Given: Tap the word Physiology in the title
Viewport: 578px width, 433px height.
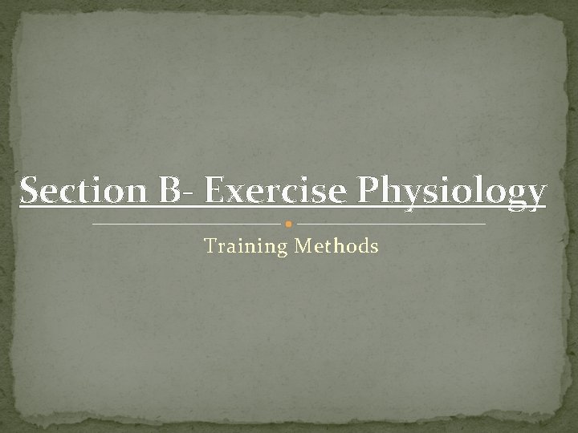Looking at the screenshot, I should pos(447,192).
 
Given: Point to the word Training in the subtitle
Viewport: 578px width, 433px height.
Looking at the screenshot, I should pos(246,246).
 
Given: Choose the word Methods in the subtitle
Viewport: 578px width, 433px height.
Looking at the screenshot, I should pos(336,246).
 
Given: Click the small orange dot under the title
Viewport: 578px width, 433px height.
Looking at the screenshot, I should pos(289,224).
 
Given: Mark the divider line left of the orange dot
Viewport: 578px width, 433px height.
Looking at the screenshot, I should pos(189,224).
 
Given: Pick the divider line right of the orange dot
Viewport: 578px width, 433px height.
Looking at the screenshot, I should pos(392,224).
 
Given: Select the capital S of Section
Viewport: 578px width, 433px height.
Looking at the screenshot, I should pos(29,192).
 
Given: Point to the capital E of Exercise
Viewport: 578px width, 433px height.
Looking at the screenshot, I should pos(214,192).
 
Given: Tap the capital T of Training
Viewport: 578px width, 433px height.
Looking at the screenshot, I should pos(211,246).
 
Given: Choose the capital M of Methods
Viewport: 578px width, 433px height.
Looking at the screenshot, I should pos(303,246).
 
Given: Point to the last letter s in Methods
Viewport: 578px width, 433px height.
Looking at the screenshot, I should pos(373,248).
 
